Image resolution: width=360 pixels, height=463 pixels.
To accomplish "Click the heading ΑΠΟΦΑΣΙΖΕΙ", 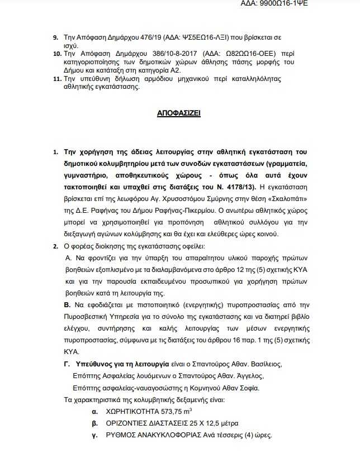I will point(179,113).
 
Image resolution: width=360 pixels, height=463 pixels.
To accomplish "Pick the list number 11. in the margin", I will point(57,80).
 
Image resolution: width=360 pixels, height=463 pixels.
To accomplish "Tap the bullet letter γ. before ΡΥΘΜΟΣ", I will point(94,436).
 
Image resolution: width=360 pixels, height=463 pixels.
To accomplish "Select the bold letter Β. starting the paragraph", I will point(67,306).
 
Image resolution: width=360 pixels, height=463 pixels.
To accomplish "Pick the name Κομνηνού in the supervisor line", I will point(206,388).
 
